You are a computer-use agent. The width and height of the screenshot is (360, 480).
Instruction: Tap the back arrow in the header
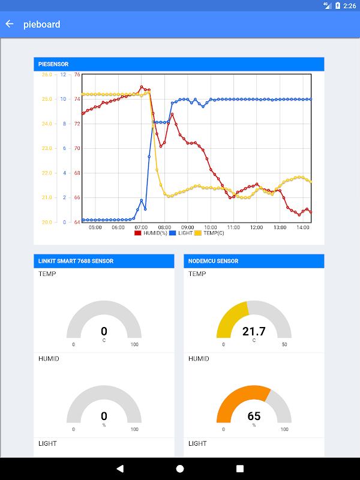[x=10, y=25]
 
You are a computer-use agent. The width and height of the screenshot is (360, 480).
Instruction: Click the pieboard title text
[x=42, y=25]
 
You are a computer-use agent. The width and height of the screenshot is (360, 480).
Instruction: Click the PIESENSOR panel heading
[x=54, y=64]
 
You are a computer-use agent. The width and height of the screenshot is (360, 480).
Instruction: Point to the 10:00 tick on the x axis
[x=210, y=227]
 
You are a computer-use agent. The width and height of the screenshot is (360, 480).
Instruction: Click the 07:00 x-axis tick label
[x=141, y=227]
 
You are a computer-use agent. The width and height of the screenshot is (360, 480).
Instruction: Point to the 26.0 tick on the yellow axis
[x=47, y=75]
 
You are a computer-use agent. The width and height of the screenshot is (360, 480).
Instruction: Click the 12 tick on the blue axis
[x=64, y=75]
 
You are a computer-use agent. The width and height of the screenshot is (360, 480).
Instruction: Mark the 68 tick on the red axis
[x=77, y=173]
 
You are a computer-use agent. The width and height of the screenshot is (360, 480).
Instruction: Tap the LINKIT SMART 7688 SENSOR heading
[x=76, y=261]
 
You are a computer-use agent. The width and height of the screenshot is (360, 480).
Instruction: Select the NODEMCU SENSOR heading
[x=214, y=261]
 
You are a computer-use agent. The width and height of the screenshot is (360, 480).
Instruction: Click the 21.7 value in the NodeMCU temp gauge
[x=254, y=331]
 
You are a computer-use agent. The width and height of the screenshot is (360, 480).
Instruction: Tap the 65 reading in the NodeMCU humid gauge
[x=254, y=416]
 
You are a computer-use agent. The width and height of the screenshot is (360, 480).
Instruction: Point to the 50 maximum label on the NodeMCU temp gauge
[x=284, y=344]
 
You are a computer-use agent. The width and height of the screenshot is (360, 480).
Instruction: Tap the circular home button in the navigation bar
[x=180, y=469]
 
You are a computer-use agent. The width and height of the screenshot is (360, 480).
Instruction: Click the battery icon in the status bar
[x=338, y=5]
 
